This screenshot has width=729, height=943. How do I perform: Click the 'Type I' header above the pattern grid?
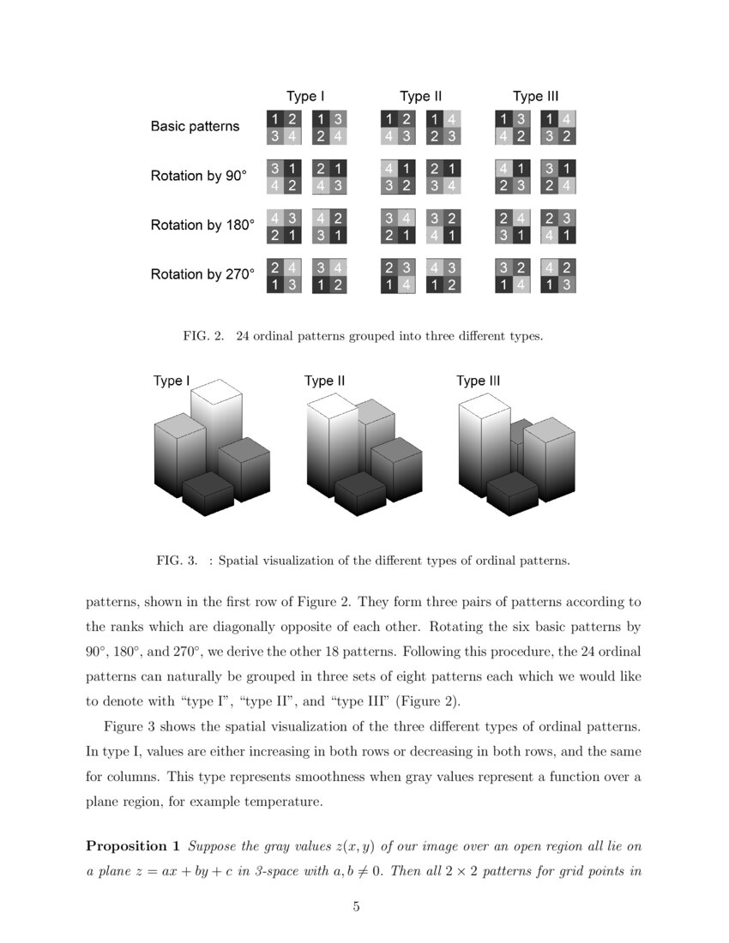(x=304, y=96)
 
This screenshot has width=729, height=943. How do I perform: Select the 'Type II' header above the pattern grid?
(x=420, y=96)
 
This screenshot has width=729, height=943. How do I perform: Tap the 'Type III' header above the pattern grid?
(x=535, y=96)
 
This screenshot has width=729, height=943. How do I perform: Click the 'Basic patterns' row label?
(x=195, y=126)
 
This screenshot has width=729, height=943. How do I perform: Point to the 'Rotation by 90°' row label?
(x=198, y=176)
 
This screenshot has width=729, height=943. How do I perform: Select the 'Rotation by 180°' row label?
(x=202, y=225)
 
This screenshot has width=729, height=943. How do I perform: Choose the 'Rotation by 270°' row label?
(x=202, y=275)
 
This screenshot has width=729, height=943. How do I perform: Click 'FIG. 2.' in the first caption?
(x=203, y=337)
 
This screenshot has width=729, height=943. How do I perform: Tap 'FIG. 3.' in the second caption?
(x=178, y=562)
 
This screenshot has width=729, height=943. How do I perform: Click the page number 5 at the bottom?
(x=357, y=908)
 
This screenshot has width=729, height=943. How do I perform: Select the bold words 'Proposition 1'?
(x=133, y=846)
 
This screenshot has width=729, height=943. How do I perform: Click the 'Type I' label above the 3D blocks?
(x=172, y=381)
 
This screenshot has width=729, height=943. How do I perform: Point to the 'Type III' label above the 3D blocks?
(x=478, y=381)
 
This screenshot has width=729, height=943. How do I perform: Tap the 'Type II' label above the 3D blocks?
(x=324, y=381)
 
